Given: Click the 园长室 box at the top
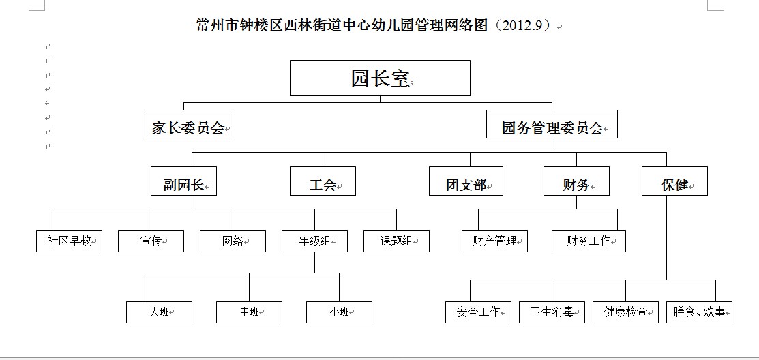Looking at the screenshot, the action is click(380, 78).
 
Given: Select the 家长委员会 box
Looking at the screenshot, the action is click(188, 124).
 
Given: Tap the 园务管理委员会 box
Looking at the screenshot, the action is click(552, 124).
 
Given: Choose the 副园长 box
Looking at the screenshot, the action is click(183, 181).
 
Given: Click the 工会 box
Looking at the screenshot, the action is click(323, 181).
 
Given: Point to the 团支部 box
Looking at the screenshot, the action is click(466, 181).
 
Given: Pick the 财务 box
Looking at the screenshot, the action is click(576, 181).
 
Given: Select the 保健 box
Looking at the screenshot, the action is click(674, 181).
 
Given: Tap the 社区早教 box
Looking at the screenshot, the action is click(70, 241).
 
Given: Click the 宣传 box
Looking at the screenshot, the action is click(151, 241).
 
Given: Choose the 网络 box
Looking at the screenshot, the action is click(233, 241).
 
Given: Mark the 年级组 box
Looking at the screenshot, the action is click(314, 241).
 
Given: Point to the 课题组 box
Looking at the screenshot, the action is click(396, 241).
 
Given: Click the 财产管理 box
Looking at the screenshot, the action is click(494, 241).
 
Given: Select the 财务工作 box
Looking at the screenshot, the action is click(589, 241).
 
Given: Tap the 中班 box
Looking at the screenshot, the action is click(250, 312).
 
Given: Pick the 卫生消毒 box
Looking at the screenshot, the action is click(552, 312).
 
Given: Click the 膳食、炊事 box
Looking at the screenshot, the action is click(699, 312).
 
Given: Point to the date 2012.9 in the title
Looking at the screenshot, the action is click(522, 25).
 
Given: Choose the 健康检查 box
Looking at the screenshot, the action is click(625, 312).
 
